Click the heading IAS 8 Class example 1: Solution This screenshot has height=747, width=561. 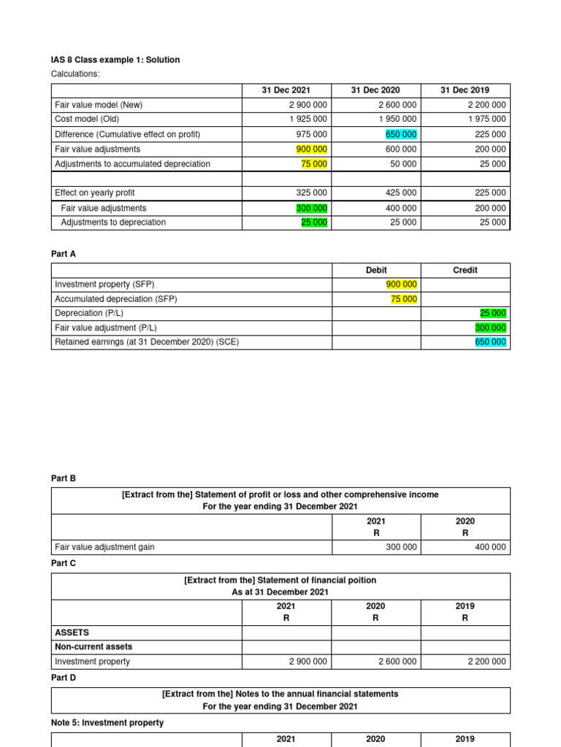[x=115, y=60]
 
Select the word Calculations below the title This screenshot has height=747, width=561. [x=75, y=74]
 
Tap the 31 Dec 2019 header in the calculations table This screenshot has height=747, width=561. [x=465, y=90]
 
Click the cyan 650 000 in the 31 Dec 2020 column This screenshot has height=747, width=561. [x=401, y=134]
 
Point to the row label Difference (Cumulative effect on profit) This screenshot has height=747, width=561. [x=127, y=134]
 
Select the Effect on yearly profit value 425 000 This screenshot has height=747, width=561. [x=401, y=193]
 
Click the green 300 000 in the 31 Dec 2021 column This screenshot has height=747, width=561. [x=312, y=208]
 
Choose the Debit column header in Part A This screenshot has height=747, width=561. [x=376, y=270]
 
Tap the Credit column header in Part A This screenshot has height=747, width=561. [x=465, y=270]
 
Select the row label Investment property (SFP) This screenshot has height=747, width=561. [x=104, y=285]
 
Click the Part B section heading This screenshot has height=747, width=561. [x=64, y=479]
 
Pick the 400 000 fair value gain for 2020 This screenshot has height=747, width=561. [x=490, y=547]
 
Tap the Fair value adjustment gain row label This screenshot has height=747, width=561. [x=104, y=547]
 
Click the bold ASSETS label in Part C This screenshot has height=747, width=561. [x=72, y=632]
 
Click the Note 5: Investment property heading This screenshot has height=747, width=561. [x=107, y=723]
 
